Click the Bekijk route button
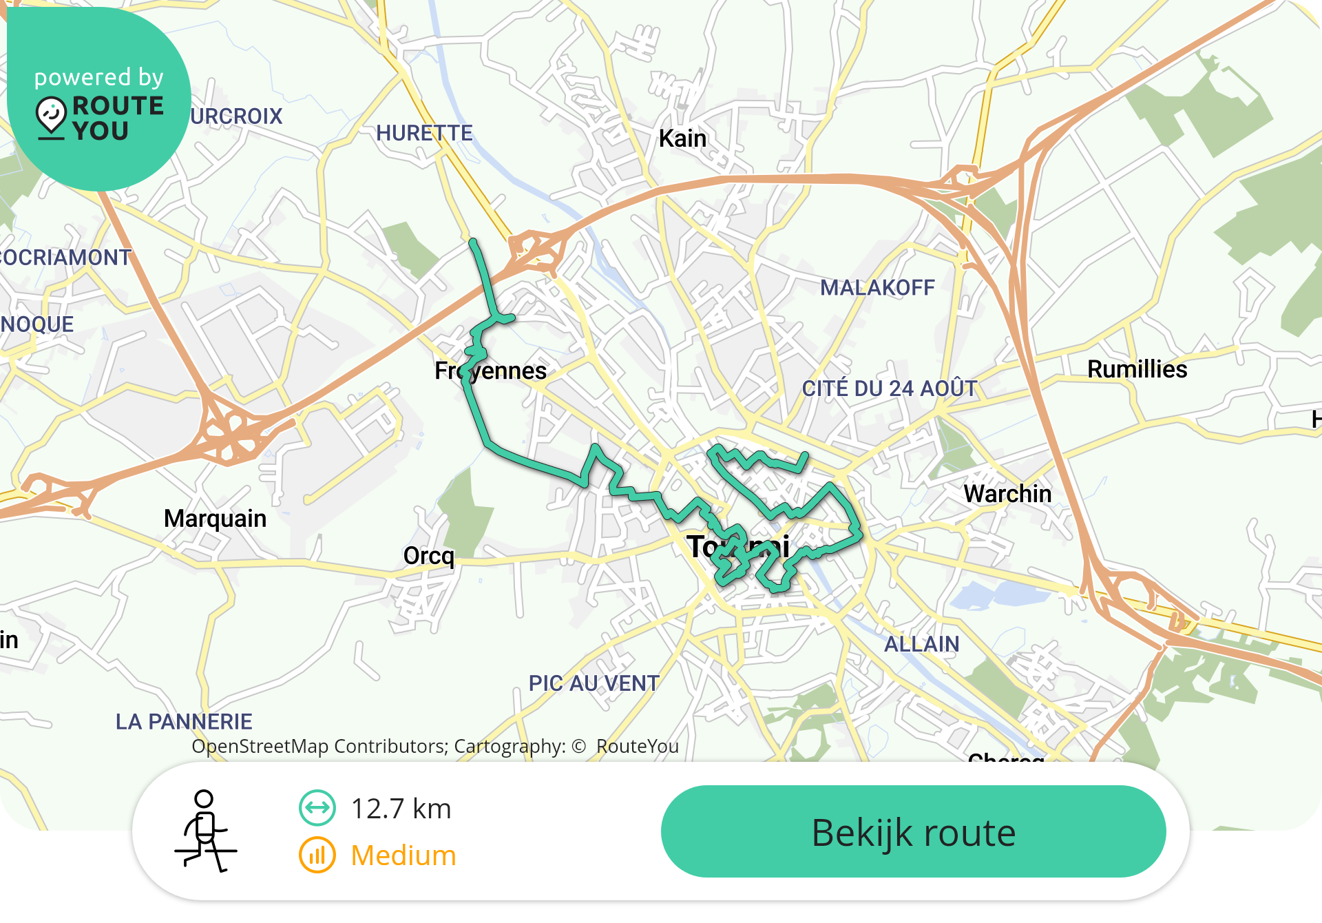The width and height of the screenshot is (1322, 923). coord(913,831)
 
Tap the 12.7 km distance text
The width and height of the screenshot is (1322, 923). coord(401,809)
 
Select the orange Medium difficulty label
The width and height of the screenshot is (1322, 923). coord(403,855)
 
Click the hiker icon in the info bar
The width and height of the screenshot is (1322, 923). coord(205,831)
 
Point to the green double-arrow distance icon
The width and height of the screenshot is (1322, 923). coord(317,808)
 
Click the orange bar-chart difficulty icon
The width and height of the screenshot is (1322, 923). coord(317,855)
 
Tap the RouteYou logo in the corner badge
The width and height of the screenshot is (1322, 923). coord(100,118)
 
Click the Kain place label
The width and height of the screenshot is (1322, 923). coord(682,138)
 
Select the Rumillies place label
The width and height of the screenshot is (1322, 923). coord(1137,369)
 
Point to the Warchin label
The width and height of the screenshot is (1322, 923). coord(1007,494)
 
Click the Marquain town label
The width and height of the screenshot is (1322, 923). coord(215,519)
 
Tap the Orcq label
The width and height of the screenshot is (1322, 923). coord(429,555)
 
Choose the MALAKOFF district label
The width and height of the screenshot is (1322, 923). coord(877,287)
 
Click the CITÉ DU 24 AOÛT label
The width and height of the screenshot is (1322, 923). coord(890,388)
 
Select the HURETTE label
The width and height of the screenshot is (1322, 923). coord(424,133)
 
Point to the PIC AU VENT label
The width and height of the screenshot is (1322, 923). coord(594,683)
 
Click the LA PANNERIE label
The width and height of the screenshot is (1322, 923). coord(184,721)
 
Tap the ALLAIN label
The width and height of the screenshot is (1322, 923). coord(921,644)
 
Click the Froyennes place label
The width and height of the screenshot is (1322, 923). coord(490,371)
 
